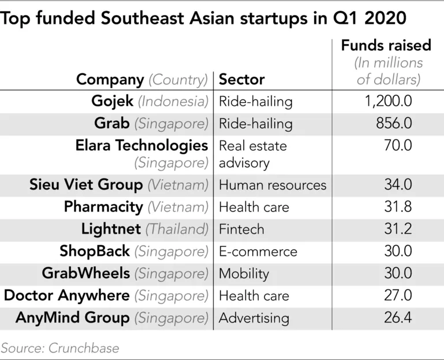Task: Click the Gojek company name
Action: click(x=112, y=101)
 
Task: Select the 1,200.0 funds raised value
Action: click(x=389, y=101)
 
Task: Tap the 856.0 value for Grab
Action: click(x=397, y=123)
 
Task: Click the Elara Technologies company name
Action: click(x=141, y=145)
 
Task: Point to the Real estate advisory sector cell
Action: click(x=252, y=154)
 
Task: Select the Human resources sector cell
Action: click(x=273, y=185)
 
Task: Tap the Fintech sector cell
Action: click(x=241, y=229)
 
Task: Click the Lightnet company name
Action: click(x=110, y=229)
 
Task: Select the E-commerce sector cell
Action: click(x=258, y=251)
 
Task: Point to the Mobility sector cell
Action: click(x=244, y=273)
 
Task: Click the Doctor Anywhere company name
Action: click(x=67, y=295)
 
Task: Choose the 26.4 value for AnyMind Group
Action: click(x=398, y=317)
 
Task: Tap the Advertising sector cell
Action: click(x=253, y=317)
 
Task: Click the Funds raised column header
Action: click(x=386, y=45)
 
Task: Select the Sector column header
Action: click(x=242, y=80)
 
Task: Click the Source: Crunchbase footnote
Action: click(x=59, y=348)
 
